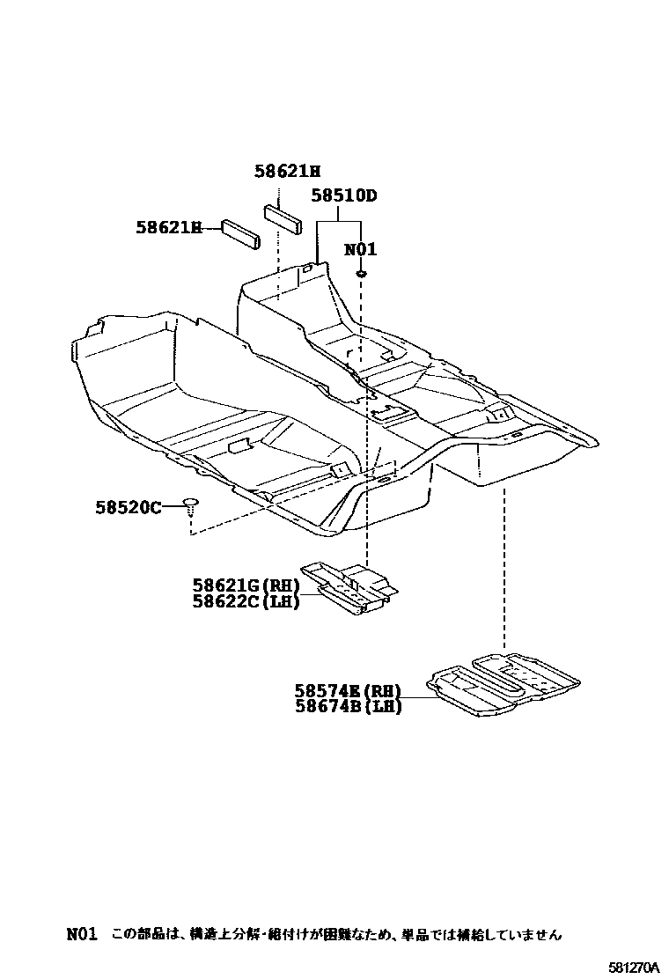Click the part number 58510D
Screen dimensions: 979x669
[x=343, y=195]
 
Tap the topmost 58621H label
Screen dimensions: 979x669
[x=288, y=173]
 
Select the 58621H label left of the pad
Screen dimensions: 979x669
[x=168, y=227]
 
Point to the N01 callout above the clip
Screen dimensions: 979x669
[x=360, y=249]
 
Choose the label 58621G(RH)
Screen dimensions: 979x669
[x=246, y=585]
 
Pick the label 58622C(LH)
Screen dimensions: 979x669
[x=246, y=601]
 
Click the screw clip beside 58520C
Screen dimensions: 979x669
[x=191, y=504]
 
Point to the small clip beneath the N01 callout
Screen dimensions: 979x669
[x=361, y=275]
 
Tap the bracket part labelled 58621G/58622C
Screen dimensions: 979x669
[x=349, y=585]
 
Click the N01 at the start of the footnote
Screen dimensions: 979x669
[x=81, y=933]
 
